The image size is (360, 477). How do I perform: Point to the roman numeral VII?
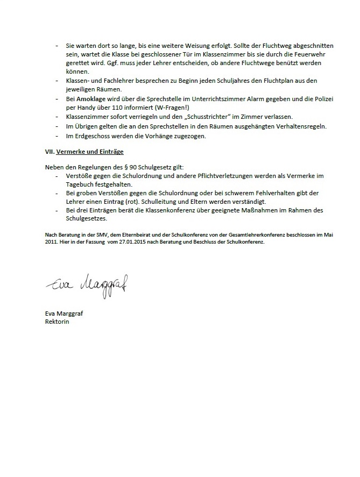(50, 152)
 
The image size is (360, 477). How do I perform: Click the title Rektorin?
(58, 322)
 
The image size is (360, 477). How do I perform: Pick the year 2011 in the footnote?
(51, 241)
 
